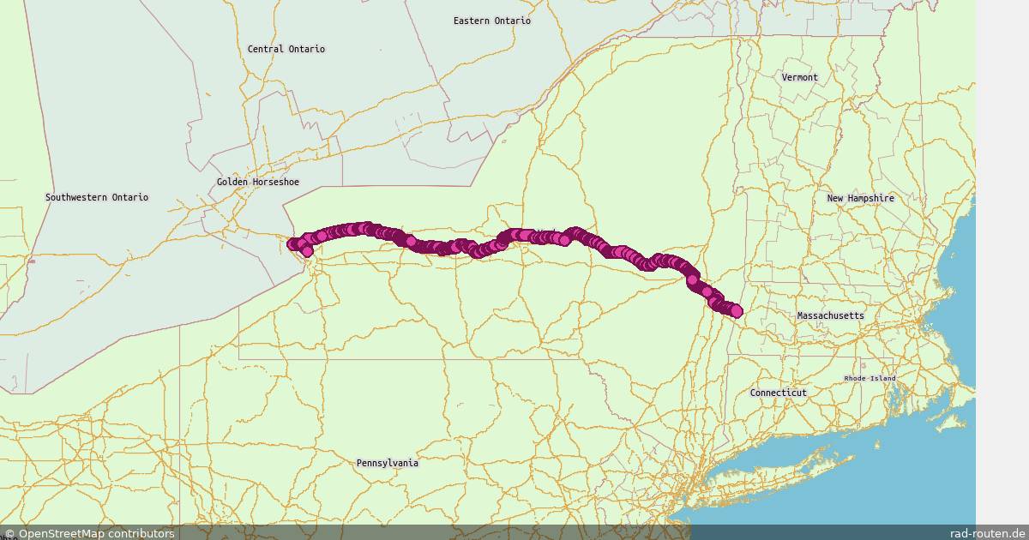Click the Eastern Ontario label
(x=492, y=21)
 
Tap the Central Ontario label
(x=286, y=49)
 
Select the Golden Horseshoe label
(x=258, y=182)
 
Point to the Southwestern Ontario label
(x=97, y=197)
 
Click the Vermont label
(x=800, y=77)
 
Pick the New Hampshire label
(x=860, y=198)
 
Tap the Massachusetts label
(x=831, y=315)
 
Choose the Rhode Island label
(x=870, y=378)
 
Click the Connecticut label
(x=779, y=393)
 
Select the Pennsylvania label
(x=388, y=463)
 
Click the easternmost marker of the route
(x=736, y=311)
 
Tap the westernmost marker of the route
(x=293, y=244)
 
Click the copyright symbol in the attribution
(x=9, y=533)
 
